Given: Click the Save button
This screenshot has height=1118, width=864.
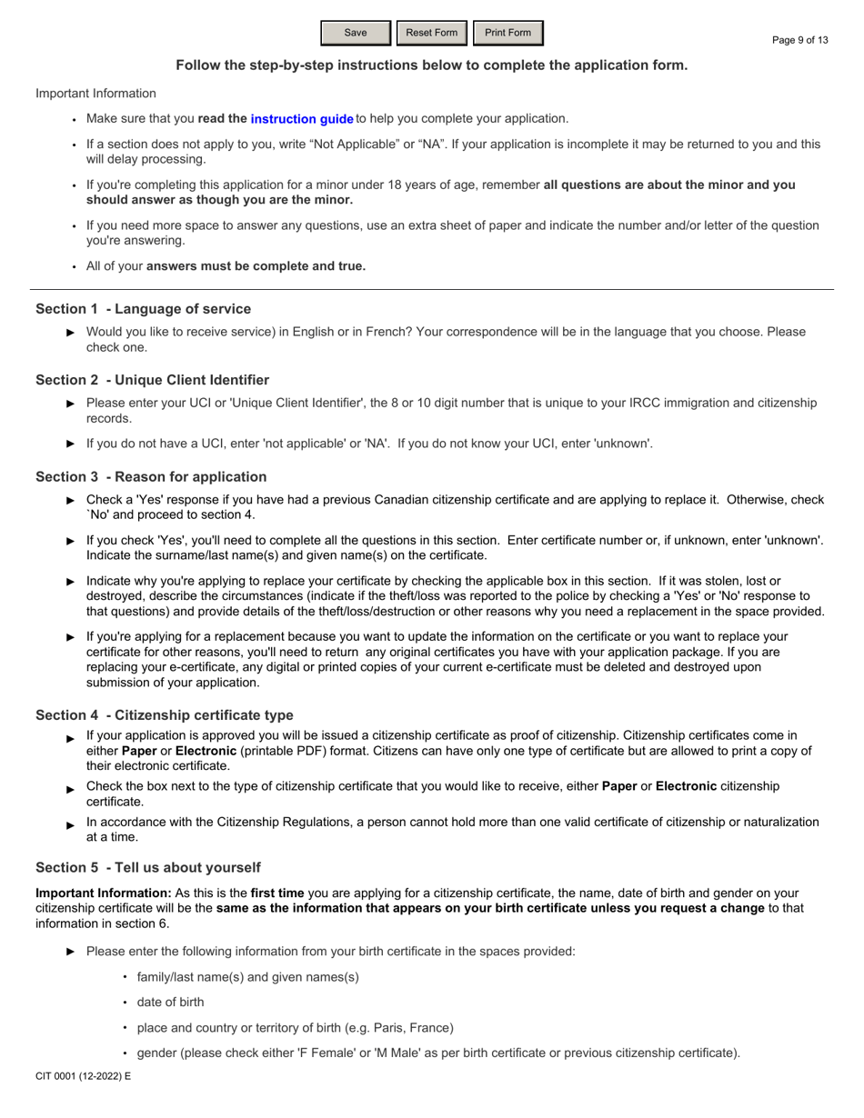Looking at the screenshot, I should click(356, 33).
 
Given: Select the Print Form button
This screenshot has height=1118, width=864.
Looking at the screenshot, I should click(507, 33).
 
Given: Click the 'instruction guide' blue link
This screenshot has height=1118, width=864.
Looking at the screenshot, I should click(302, 119).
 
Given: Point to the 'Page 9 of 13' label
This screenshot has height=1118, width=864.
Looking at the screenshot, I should click(799, 40).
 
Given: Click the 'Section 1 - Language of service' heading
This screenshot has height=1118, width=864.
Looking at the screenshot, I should click(143, 309).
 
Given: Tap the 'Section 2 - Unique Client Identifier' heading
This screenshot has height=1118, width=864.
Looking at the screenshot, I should click(152, 380).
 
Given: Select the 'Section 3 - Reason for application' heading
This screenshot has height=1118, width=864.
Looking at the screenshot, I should click(151, 477).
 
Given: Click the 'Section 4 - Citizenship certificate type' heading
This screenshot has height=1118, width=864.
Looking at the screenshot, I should click(164, 715).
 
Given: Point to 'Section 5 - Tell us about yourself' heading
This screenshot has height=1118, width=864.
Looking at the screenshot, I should click(147, 867).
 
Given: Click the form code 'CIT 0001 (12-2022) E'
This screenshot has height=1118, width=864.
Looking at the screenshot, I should click(83, 1076).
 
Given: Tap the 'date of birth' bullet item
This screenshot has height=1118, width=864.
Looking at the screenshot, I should click(170, 1003).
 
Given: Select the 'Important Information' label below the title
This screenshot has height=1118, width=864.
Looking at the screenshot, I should click(95, 94).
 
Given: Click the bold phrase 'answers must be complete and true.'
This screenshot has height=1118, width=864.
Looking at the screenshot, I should click(256, 266).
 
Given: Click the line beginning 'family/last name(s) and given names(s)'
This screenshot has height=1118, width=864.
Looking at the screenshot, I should click(247, 977).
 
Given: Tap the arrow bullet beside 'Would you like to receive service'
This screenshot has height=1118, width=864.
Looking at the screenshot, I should click(71, 333).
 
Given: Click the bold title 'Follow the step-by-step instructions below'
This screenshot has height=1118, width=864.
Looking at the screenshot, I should click(431, 65).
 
